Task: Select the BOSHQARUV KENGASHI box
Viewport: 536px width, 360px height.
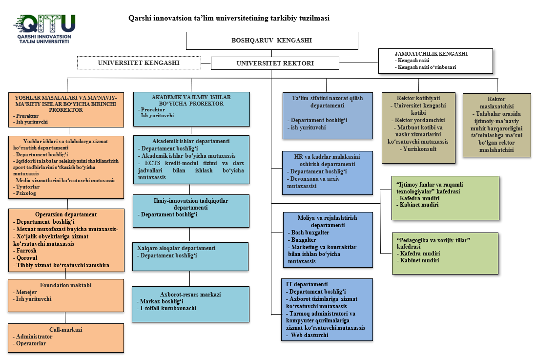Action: [271, 41]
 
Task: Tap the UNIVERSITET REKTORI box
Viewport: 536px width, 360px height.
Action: [275, 63]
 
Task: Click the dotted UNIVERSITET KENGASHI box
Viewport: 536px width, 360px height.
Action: [139, 63]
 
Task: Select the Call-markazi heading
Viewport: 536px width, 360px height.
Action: [65, 330]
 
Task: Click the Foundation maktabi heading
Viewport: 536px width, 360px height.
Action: [65, 285]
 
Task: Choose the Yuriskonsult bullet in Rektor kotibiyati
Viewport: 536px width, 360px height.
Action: [418, 149]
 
